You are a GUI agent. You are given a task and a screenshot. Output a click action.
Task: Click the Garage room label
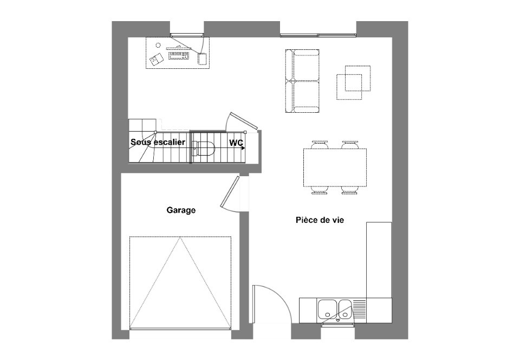click(x=181, y=210)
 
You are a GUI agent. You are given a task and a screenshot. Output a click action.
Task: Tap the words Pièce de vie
click(x=320, y=220)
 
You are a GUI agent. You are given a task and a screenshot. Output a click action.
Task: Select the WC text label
click(x=236, y=143)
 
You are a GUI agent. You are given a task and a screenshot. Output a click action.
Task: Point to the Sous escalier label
click(x=158, y=142)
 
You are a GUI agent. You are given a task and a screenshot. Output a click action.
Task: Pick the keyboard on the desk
click(x=179, y=55)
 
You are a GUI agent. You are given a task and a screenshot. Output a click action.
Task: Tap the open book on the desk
click(x=157, y=60)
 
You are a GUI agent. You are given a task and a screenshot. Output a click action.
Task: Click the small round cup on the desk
click(x=158, y=45)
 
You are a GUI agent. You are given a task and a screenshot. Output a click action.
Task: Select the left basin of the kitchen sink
click(x=327, y=309)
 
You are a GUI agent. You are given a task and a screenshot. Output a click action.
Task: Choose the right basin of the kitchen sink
click(x=345, y=309)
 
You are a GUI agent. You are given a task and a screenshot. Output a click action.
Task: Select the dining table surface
click(x=335, y=166)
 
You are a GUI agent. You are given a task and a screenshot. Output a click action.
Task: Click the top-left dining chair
click(x=320, y=144)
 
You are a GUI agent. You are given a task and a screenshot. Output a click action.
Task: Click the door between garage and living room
click(x=230, y=192)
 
